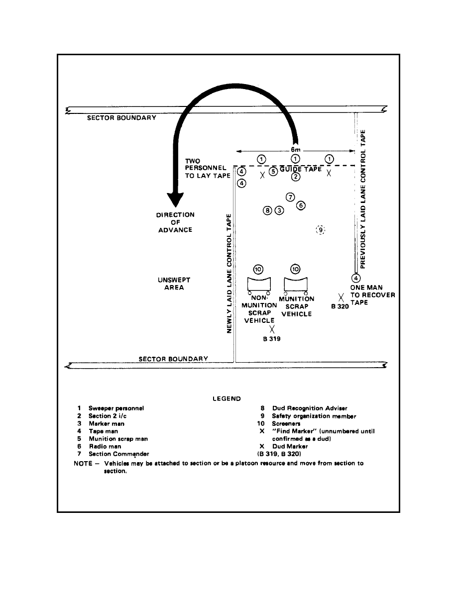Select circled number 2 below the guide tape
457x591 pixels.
coord(295,176)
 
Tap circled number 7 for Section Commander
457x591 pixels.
coord(291,197)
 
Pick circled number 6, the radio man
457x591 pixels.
coord(301,205)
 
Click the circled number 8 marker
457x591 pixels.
coord(268,210)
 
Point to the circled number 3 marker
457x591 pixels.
coord(279,210)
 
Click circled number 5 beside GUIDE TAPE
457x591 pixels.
coord(273,172)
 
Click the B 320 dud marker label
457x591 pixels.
coord(341,307)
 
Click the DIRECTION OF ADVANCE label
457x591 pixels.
coord(175,222)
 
